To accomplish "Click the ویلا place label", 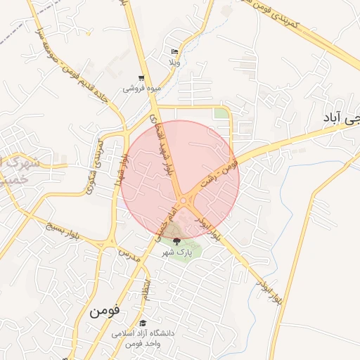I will [174, 63].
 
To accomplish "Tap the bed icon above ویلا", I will [175, 52].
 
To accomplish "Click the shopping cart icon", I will [142, 78].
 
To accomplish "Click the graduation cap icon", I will [143, 323].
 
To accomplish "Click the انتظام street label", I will [146, 289].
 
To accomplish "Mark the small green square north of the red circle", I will [221, 113].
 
